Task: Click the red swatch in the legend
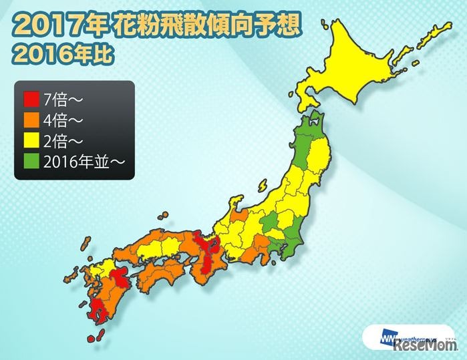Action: coord(31,102)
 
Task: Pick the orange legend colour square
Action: coord(31,121)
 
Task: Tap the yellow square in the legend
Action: coord(31,140)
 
